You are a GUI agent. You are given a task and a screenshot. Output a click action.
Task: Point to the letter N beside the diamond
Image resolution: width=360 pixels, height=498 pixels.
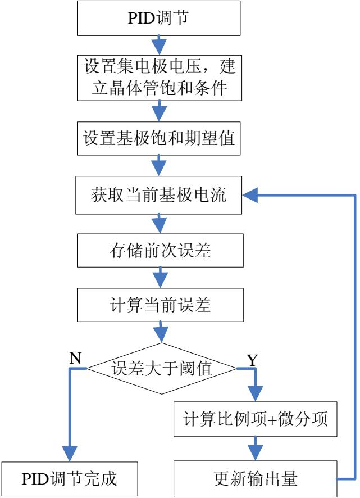click(x=73, y=357)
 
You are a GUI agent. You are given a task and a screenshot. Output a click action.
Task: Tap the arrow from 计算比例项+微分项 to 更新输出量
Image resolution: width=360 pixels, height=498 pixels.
click(x=256, y=450)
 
